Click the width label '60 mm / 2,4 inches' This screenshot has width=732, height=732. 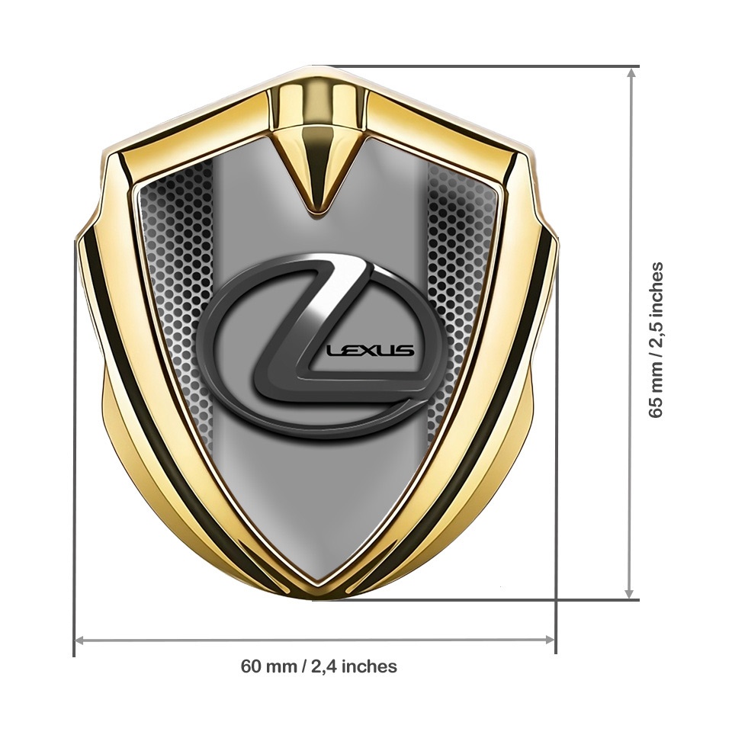[319, 666]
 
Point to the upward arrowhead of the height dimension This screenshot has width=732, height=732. [631, 73]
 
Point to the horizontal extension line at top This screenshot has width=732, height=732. [488, 66]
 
